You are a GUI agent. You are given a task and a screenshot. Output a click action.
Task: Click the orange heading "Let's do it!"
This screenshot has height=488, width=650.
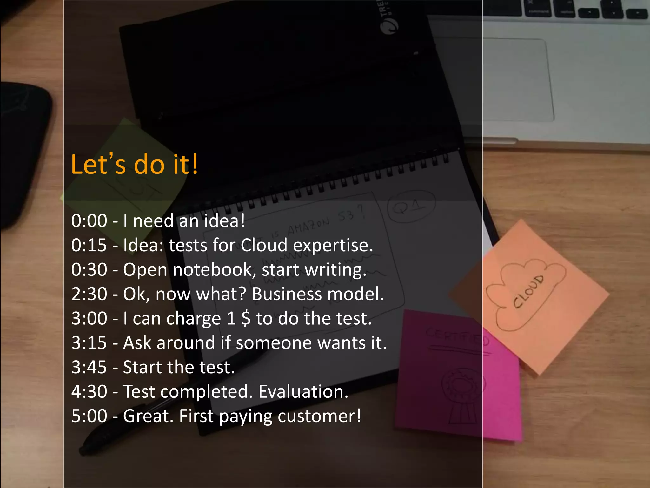(134, 164)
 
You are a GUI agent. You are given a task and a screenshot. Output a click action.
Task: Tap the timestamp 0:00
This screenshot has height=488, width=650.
(89, 220)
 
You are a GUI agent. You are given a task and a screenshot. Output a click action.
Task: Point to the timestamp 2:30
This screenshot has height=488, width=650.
(89, 294)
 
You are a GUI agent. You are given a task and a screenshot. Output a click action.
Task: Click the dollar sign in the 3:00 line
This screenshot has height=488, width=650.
(246, 318)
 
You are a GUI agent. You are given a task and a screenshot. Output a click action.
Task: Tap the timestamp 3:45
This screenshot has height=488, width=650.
(89, 367)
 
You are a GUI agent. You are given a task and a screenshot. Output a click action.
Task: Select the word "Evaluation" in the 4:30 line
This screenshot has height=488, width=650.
(303, 391)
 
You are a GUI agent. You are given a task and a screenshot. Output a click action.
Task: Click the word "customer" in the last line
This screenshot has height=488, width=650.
(319, 416)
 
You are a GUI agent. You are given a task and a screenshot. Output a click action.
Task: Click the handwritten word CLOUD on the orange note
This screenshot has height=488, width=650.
(528, 291)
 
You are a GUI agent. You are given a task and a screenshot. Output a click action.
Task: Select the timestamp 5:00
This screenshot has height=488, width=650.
(89, 416)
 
